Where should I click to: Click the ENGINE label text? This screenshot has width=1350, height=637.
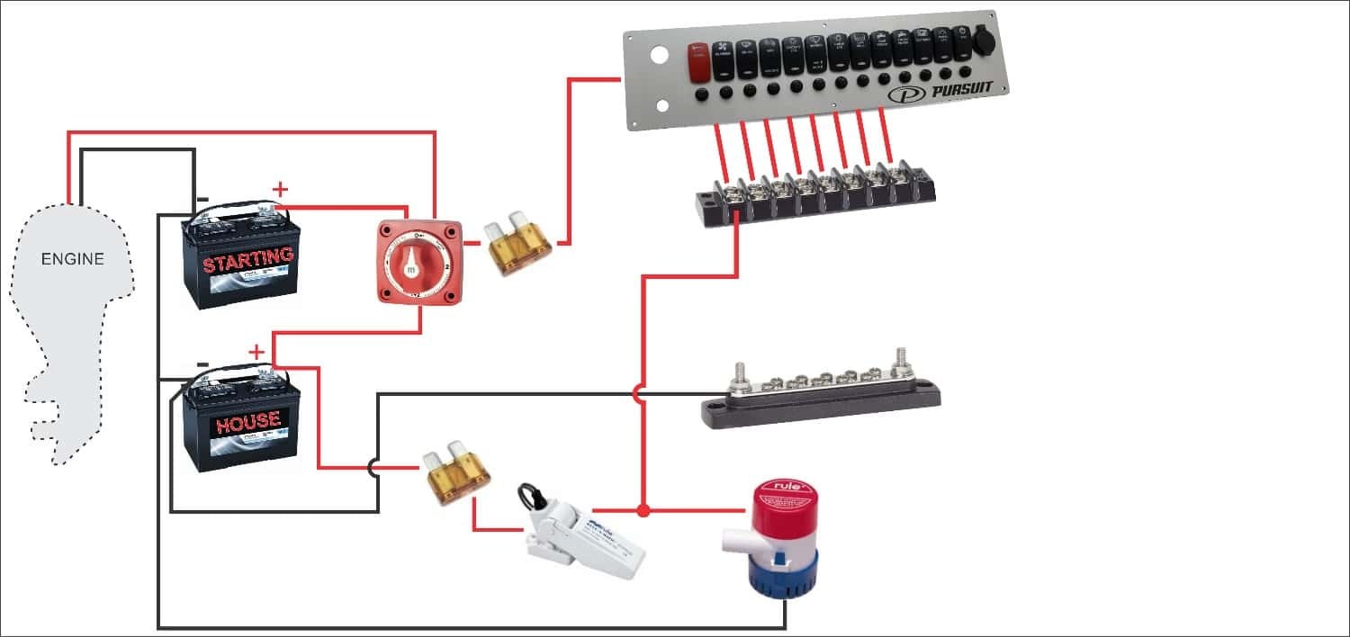pos(73,260)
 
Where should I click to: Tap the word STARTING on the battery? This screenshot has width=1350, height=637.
pos(248,260)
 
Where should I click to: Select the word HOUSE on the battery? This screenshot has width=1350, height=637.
pos(247,420)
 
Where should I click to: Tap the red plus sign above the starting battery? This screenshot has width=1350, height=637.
pos(281,189)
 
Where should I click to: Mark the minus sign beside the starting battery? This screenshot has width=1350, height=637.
pos(202,199)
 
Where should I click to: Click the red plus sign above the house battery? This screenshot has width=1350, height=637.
pos(257,351)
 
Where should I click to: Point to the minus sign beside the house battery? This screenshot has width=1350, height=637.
pos(202,364)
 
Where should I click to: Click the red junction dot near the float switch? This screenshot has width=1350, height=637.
pos(643,512)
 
